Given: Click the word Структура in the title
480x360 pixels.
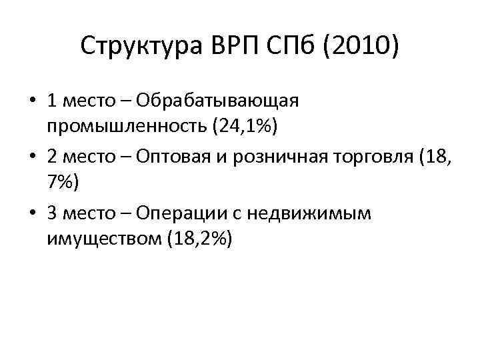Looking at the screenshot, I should (x=137, y=47).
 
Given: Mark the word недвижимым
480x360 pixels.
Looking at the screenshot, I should (x=301, y=213).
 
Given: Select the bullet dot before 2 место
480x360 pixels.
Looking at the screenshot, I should (x=33, y=157).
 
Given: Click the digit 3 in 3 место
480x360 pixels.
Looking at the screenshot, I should (x=53, y=213).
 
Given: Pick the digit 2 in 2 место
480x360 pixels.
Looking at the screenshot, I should (x=53, y=157).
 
